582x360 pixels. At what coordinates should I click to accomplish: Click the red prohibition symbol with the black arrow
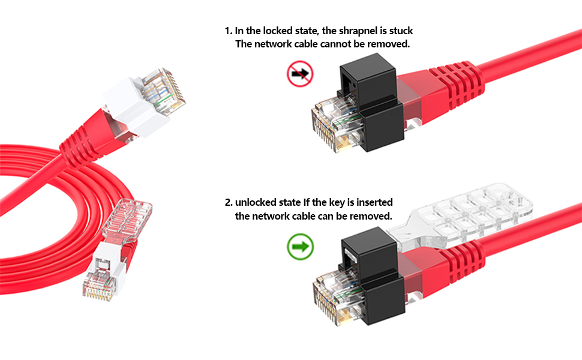300,74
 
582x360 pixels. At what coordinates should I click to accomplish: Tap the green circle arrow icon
300,247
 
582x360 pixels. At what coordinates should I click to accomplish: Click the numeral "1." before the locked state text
228,31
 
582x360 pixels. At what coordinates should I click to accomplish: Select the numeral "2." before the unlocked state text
229,203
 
